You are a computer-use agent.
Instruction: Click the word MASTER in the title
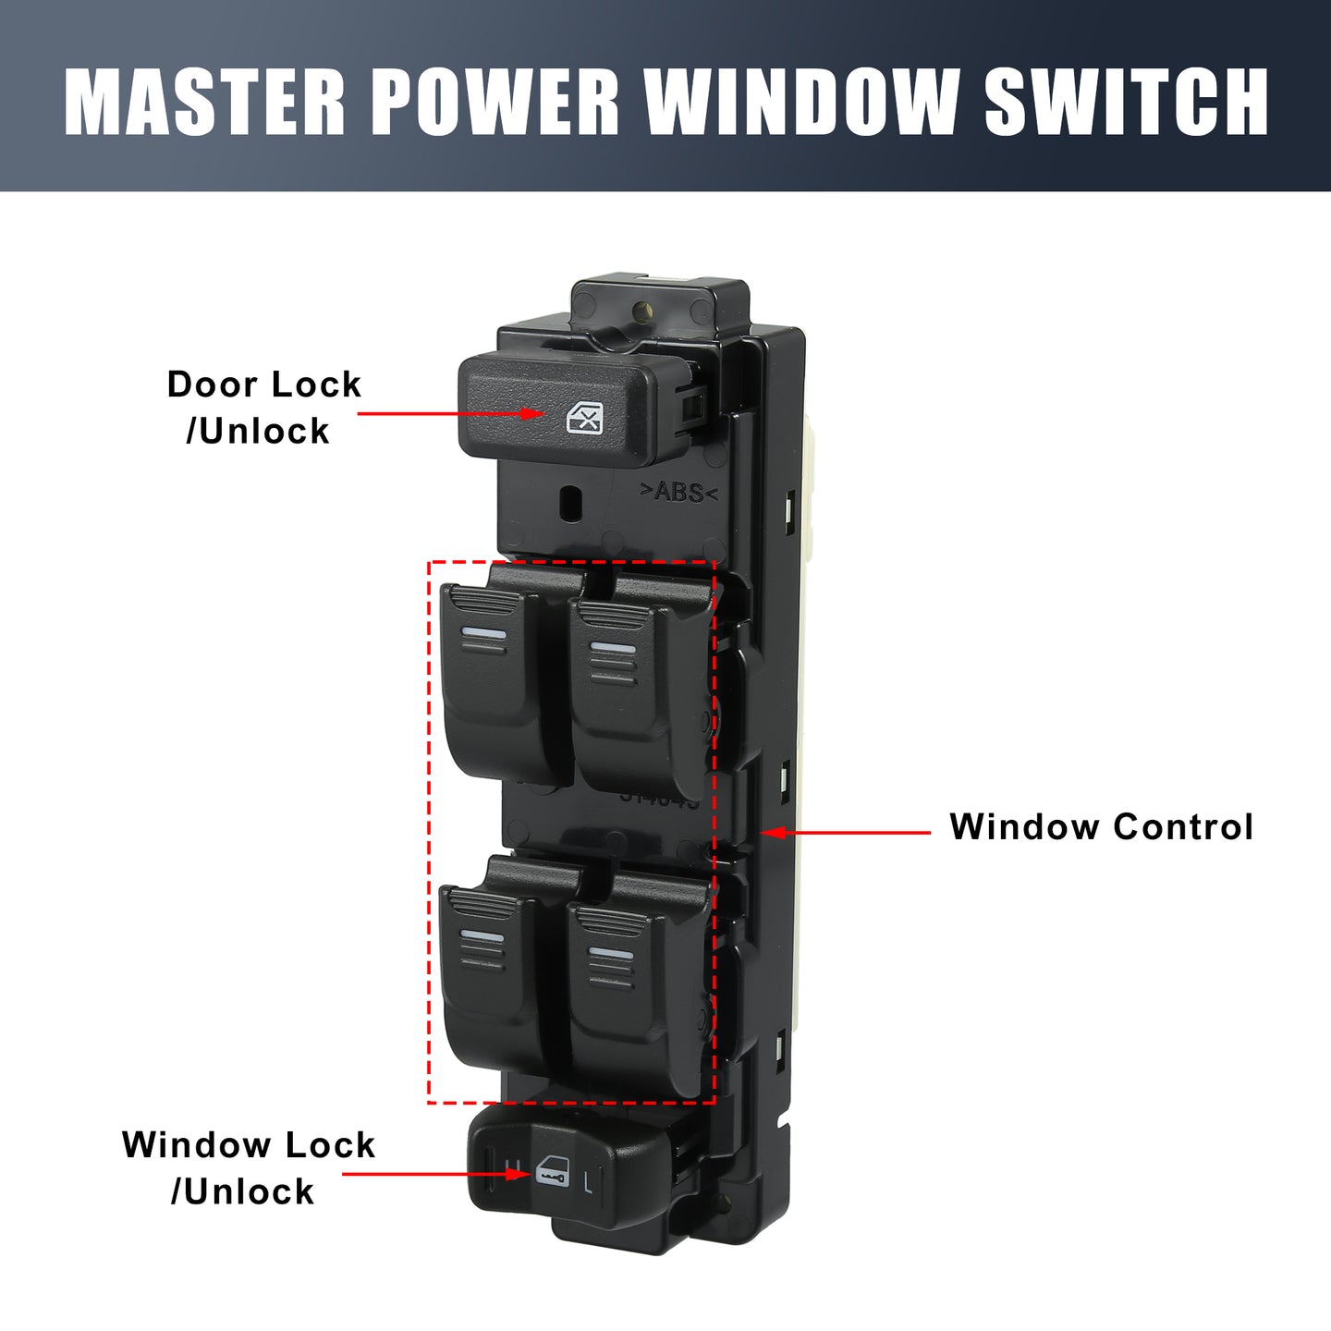(203, 102)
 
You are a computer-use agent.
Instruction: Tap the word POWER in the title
(495, 102)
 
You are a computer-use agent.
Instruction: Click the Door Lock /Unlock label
(263, 408)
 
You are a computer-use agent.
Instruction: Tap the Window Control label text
(1101, 826)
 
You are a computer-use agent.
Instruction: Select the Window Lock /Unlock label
(249, 1168)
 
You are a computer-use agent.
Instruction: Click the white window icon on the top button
(584, 418)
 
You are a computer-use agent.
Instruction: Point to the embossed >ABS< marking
(678, 493)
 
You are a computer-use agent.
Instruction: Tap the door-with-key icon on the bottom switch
(552, 1171)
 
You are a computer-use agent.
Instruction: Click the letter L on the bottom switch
(588, 1183)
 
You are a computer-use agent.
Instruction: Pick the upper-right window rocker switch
(639, 698)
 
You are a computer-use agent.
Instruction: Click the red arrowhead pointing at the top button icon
(534, 414)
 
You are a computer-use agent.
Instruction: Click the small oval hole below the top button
(571, 505)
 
